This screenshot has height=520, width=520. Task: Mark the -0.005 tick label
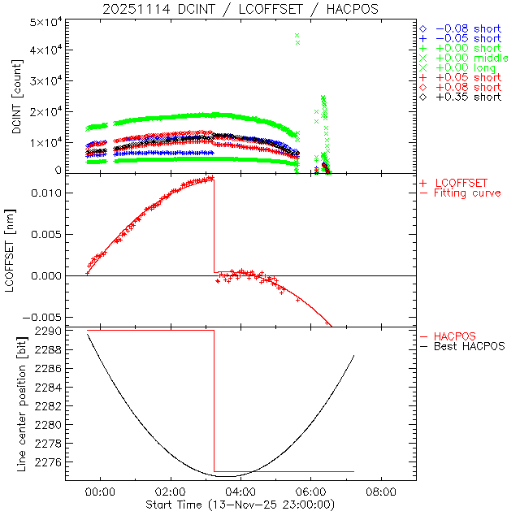[41, 317]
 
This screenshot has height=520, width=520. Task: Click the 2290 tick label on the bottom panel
[48, 331]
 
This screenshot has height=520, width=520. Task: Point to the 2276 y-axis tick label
[48, 461]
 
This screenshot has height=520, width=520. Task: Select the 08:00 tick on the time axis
[381, 492]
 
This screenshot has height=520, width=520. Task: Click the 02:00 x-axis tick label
[171, 492]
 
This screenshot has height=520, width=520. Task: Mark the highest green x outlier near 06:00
[297, 36]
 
